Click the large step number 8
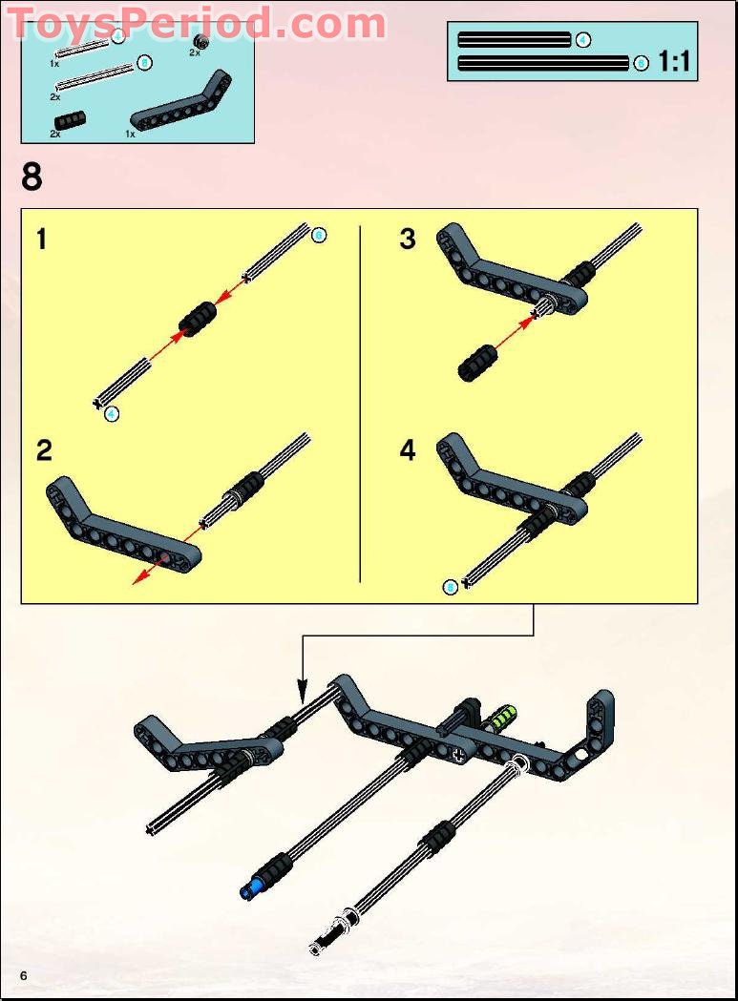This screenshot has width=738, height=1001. (32, 177)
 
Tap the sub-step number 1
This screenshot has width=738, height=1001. (41, 239)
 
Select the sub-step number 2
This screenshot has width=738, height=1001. (44, 450)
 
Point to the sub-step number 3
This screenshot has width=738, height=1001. (408, 239)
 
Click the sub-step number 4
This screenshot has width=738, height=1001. (409, 450)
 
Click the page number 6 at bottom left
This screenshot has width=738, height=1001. (23, 974)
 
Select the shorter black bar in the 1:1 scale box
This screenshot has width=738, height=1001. (514, 40)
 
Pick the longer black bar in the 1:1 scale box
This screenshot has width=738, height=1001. (542, 64)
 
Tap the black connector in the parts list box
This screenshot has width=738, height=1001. (70, 120)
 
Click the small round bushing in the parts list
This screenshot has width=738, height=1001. (200, 40)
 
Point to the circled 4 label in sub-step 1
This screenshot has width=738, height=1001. (112, 413)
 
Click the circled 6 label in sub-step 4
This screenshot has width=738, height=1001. (451, 587)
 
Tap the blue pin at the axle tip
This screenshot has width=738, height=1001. (251, 890)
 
